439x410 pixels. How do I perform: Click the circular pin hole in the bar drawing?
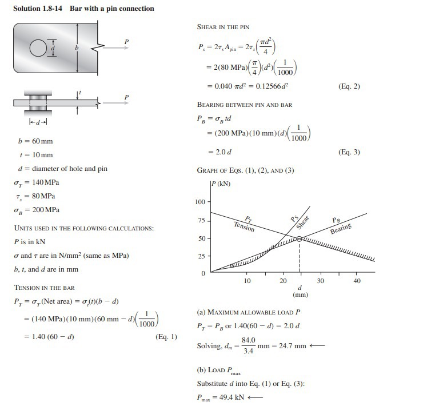[x=37, y=46]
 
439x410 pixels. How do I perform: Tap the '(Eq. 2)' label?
[x=349, y=87]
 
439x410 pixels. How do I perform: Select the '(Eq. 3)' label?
[x=349, y=152]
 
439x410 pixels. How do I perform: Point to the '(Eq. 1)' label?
[x=166, y=337]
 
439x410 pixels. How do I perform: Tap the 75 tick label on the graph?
[x=201, y=220]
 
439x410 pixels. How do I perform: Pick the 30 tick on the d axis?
[x=321, y=281]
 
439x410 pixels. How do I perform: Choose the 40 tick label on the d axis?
[x=357, y=281]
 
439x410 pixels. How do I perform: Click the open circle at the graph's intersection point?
[x=299, y=239]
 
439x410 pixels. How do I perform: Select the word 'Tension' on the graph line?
[x=244, y=227]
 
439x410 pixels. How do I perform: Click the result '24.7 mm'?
[x=292, y=346]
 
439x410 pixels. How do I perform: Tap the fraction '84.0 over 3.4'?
[x=249, y=346]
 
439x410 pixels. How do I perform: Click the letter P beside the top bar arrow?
[x=127, y=41]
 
